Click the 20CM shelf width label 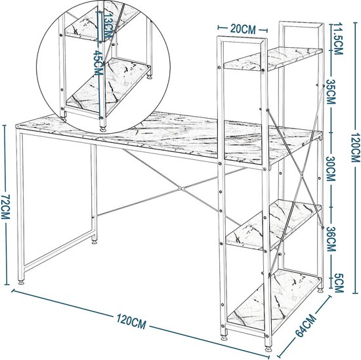[x=243, y=30]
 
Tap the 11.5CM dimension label [x=337, y=39]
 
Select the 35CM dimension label [x=331, y=92]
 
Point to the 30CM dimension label [x=330, y=169]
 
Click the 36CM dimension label [x=331, y=239]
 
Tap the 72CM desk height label [x=5, y=207]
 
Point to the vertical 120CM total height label [x=356, y=148]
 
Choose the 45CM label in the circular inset [x=97, y=63]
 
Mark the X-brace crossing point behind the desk [x=181, y=190]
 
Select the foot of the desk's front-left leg [x=21, y=282]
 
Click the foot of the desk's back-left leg [x=94, y=241]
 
